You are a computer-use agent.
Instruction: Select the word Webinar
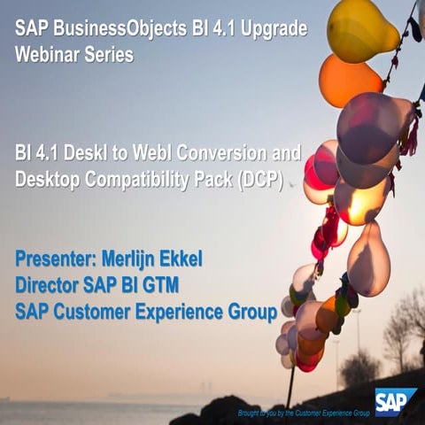[50, 54]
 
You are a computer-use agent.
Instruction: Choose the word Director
[50, 285]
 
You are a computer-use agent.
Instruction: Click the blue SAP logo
[395, 404]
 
